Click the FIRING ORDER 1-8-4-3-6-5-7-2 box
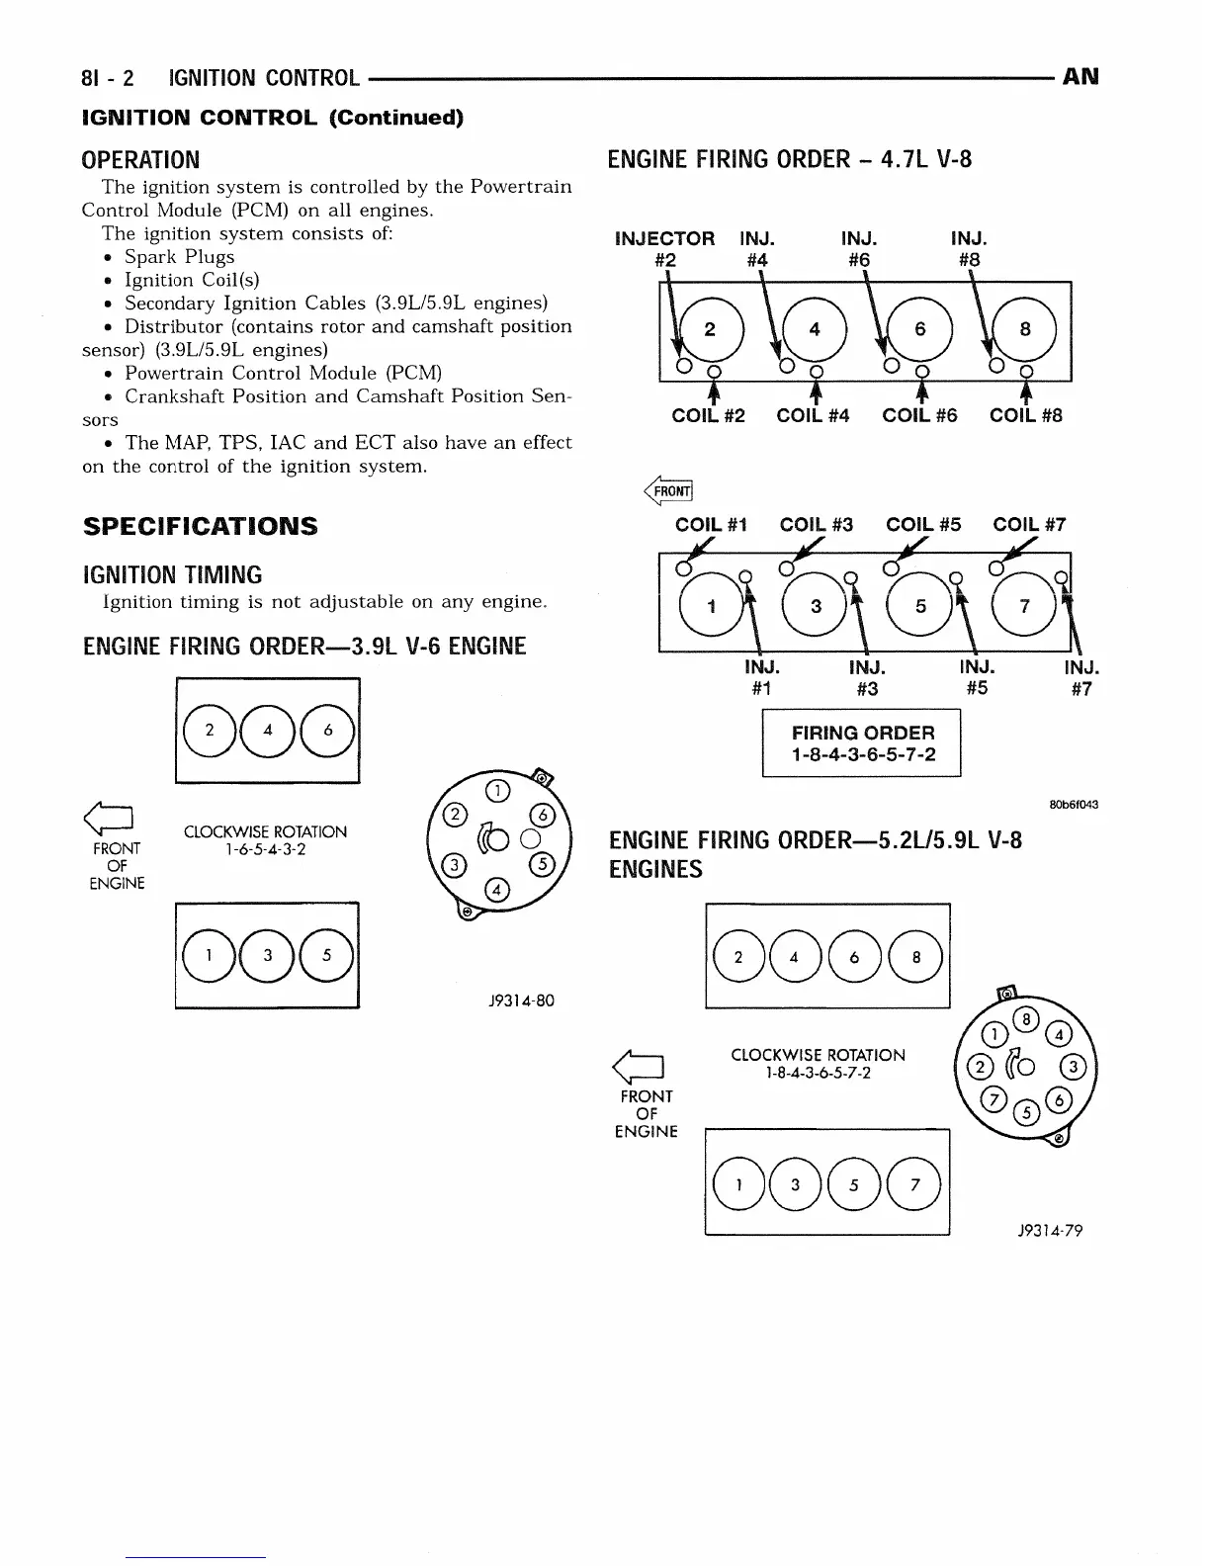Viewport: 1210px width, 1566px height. [x=861, y=744]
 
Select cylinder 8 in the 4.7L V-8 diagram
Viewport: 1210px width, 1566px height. [x=1025, y=329]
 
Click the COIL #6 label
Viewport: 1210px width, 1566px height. [x=919, y=416]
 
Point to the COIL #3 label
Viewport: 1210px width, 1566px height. [x=816, y=525]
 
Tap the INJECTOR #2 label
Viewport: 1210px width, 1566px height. [x=664, y=249]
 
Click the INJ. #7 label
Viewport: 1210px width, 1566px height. [x=1081, y=679]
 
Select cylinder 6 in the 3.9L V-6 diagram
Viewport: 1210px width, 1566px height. [x=328, y=731]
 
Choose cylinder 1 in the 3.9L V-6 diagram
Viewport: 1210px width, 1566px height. [x=209, y=955]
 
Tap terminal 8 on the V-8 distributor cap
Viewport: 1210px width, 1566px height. [x=1027, y=1020]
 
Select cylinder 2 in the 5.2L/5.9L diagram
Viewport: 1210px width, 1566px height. [x=738, y=957]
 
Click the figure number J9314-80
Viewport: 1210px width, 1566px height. [x=521, y=1000]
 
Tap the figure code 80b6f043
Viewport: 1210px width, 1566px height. [x=1072, y=804]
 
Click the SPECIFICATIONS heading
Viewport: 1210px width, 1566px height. [x=200, y=526]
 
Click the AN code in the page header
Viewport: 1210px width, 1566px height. [x=1080, y=77]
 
